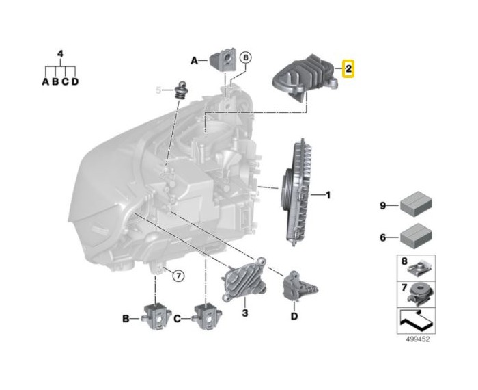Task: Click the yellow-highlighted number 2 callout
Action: click(x=348, y=68)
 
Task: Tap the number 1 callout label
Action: click(x=328, y=195)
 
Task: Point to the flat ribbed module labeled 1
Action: click(x=296, y=192)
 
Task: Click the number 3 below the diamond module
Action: click(x=244, y=313)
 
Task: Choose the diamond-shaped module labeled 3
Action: click(x=244, y=280)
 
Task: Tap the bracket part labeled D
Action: click(x=299, y=286)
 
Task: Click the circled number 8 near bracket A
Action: click(x=246, y=57)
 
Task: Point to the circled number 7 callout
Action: click(x=178, y=276)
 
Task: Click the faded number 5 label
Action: click(x=158, y=90)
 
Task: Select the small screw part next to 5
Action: click(x=182, y=90)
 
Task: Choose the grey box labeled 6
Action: click(x=416, y=236)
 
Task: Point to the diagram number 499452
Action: click(x=417, y=339)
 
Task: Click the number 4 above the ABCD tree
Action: click(x=60, y=54)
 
